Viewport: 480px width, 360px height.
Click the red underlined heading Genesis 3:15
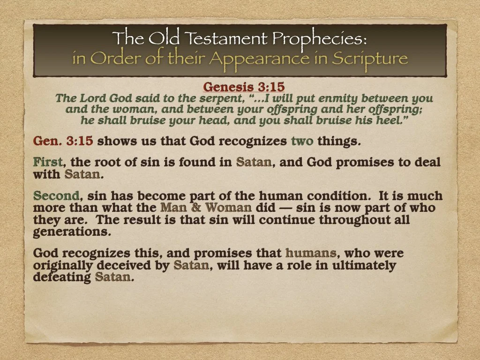click(243, 87)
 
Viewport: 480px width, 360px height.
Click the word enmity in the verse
click(338, 99)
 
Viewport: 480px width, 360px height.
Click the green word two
click(301, 141)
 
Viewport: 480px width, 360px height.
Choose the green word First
click(47, 163)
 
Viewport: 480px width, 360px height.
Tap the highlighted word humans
click(310, 254)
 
